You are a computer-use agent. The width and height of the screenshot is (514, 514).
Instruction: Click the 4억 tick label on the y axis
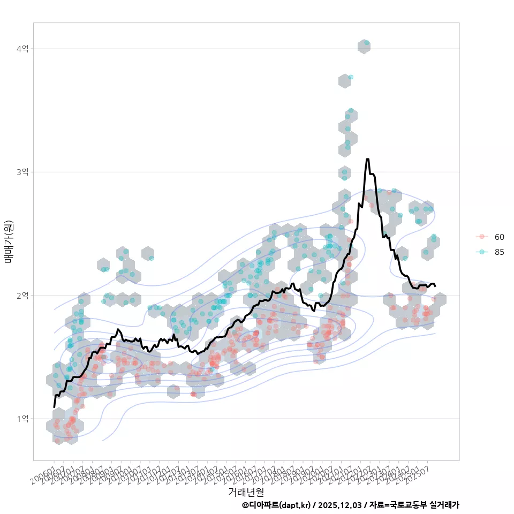click(22, 49)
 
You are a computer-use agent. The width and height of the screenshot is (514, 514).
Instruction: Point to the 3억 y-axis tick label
click(22, 172)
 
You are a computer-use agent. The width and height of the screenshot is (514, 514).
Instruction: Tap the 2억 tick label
click(22, 295)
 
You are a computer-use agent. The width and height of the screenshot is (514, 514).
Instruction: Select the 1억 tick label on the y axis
click(22, 418)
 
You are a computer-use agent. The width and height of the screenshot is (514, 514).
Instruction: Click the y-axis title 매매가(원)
click(9, 241)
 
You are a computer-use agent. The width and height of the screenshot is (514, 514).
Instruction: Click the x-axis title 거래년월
click(246, 492)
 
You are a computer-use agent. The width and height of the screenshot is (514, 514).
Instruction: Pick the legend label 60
click(500, 237)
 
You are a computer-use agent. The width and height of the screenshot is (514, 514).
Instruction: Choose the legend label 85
click(500, 252)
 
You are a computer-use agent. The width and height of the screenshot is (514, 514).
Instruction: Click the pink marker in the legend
click(482, 237)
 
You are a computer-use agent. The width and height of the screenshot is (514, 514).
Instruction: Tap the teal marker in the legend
click(482, 252)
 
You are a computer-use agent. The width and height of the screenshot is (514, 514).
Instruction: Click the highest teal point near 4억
click(366, 42)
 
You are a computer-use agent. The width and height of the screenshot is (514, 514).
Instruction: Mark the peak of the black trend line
click(367, 159)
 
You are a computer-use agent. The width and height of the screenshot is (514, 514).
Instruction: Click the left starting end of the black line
click(54, 407)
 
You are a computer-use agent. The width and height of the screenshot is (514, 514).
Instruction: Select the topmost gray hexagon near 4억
click(364, 47)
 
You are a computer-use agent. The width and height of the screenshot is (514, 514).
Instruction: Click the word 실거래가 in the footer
click(444, 505)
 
